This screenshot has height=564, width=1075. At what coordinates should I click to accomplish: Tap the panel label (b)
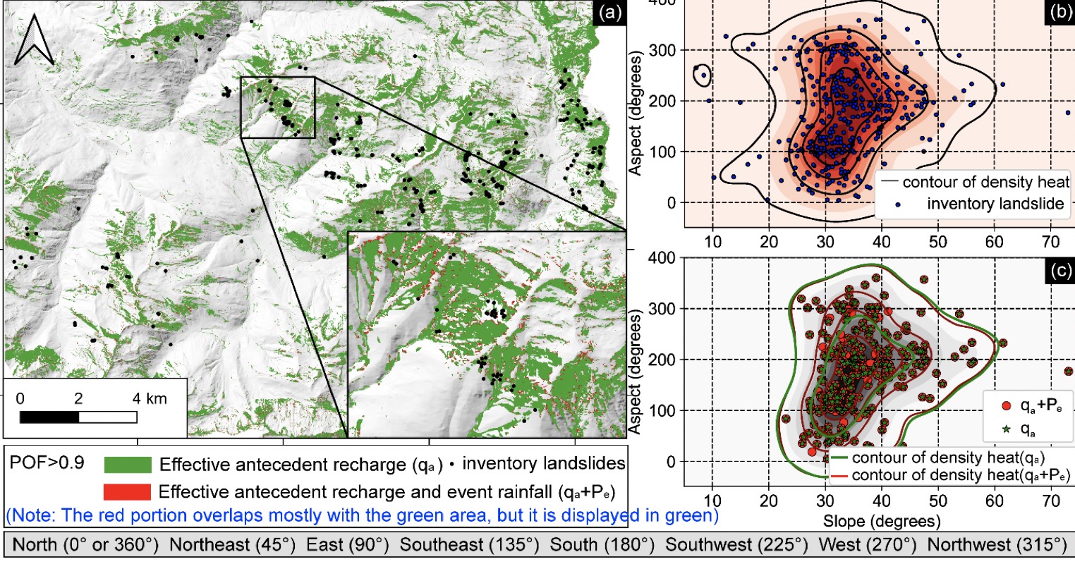point(1058,11)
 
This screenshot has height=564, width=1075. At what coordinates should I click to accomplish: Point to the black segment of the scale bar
point(49,417)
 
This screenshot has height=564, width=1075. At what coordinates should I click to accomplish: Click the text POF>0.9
point(48,463)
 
